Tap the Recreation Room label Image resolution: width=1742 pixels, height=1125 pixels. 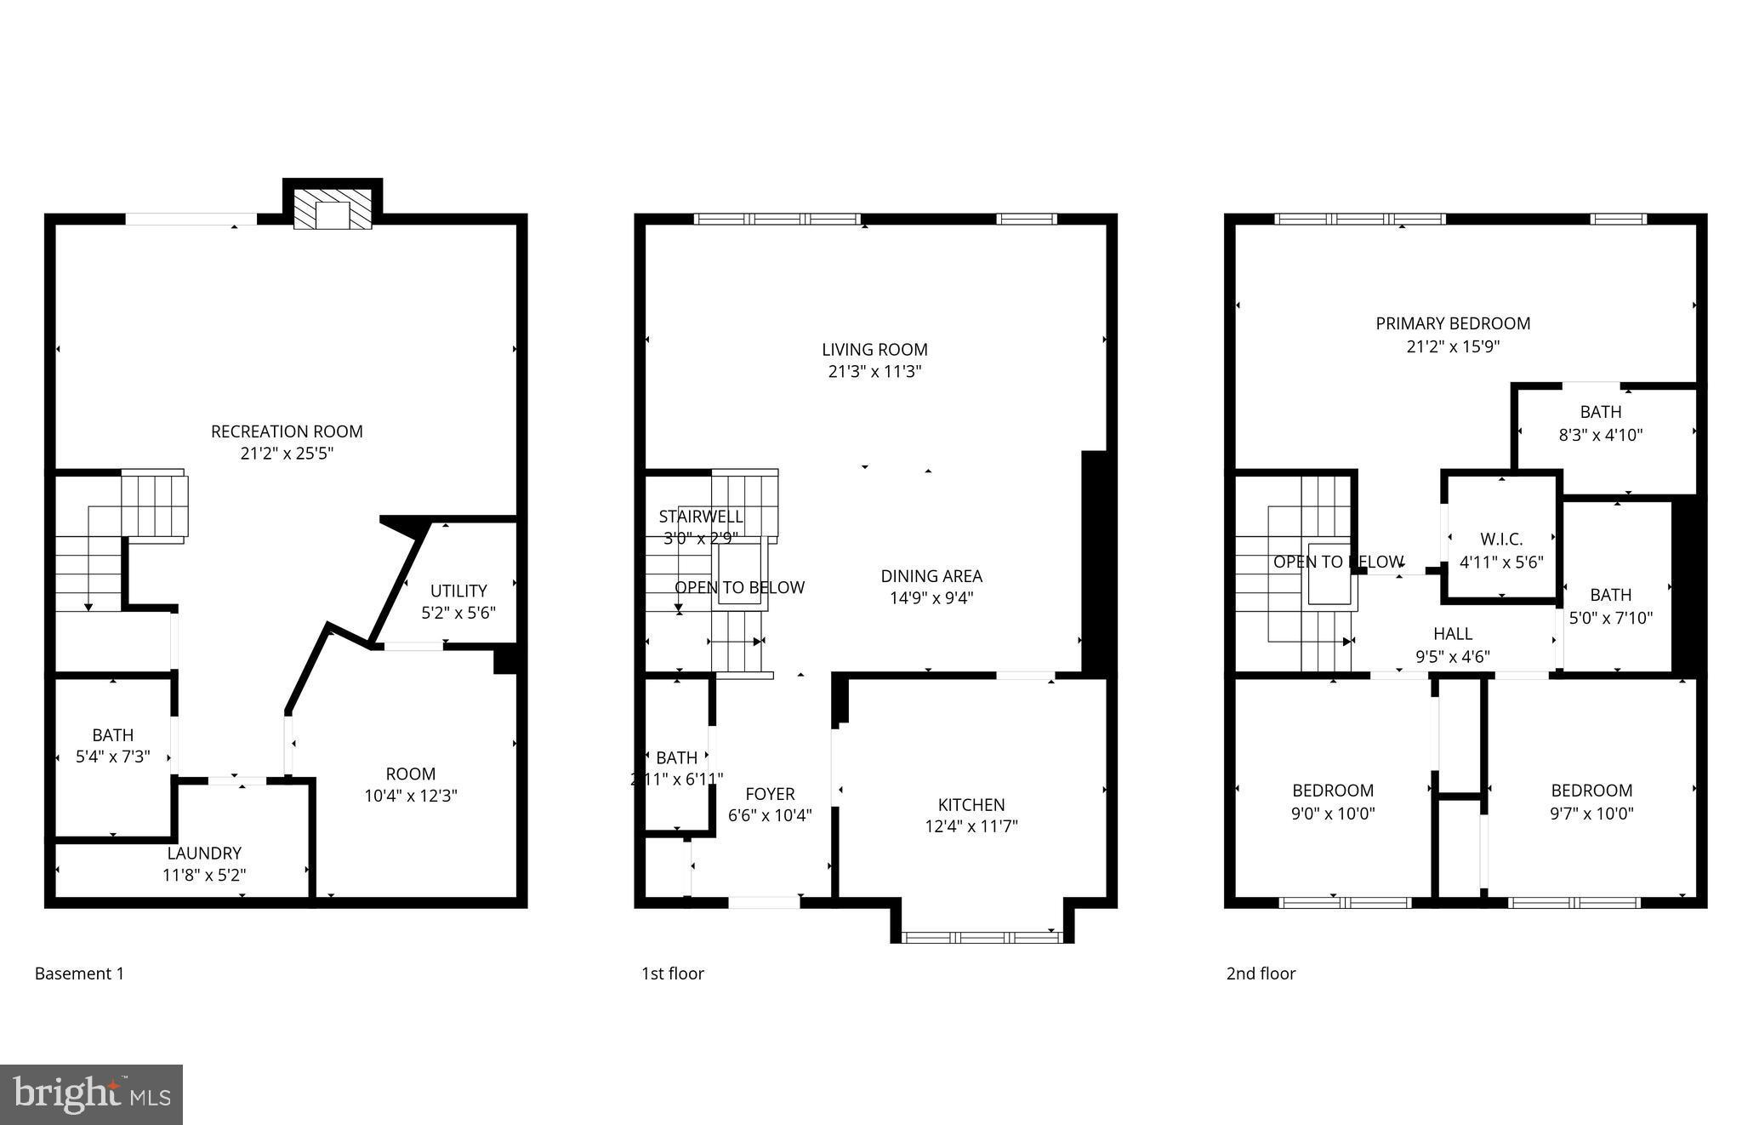pyautogui.click(x=287, y=431)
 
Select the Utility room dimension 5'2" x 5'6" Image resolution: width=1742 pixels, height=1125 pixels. pyautogui.click(x=458, y=613)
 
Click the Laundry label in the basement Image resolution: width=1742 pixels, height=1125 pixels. pyautogui.click(x=204, y=853)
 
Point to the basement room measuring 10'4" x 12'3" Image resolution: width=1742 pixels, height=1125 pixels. pyautogui.click(x=411, y=785)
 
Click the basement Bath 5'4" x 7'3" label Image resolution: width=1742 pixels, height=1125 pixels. pyautogui.click(x=113, y=745)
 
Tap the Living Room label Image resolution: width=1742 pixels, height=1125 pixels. pyautogui.click(x=874, y=349)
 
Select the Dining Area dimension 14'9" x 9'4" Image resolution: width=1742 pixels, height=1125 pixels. pyautogui.click(x=931, y=598)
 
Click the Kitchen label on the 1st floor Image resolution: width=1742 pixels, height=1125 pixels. pyautogui.click(x=971, y=804)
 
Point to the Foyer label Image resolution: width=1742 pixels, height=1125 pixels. pyautogui.click(x=770, y=794)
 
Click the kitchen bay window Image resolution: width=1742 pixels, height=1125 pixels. pyautogui.click(x=982, y=937)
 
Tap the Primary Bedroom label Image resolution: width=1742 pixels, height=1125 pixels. pyautogui.click(x=1453, y=323)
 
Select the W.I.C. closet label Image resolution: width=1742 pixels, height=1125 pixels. pyautogui.click(x=1501, y=540)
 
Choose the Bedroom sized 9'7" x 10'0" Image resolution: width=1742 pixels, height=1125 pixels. pyautogui.click(x=1591, y=801)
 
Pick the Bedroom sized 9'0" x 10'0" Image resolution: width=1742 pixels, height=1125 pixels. pyautogui.click(x=1333, y=801)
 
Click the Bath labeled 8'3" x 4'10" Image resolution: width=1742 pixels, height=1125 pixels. pyautogui.click(x=1600, y=423)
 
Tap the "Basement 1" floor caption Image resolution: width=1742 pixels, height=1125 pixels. pyautogui.click(x=79, y=974)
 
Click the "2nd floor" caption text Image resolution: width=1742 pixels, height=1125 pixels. pyautogui.click(x=1261, y=974)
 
